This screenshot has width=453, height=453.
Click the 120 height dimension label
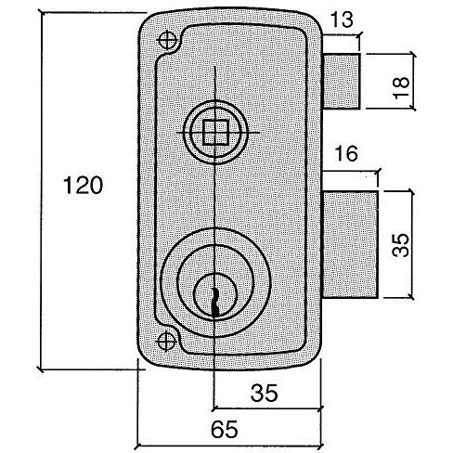point(83,185)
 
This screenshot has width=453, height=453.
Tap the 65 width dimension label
point(225,429)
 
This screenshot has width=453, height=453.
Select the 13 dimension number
point(342,19)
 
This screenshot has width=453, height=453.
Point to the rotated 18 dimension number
point(402,87)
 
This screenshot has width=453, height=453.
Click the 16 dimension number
point(346,153)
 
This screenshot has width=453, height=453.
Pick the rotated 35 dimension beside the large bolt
point(400,245)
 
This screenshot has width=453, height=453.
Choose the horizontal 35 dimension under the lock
point(265,393)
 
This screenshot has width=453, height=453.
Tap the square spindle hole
point(215,133)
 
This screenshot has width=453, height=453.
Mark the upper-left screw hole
point(167,40)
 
